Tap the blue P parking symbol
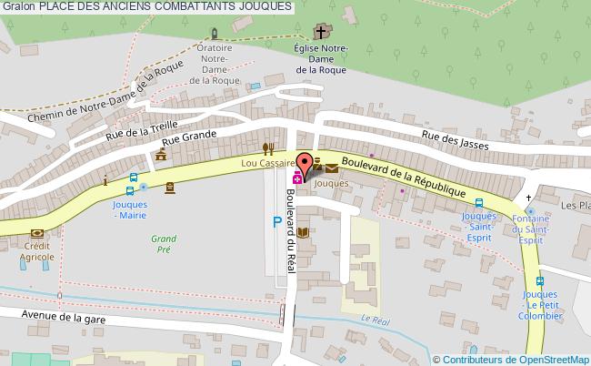(x=276, y=221)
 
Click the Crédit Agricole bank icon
(x=36, y=233)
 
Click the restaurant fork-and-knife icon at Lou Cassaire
(x=267, y=147)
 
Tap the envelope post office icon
(x=330, y=167)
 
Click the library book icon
(x=304, y=232)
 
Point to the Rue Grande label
(x=189, y=137)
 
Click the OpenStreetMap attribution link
(x=511, y=359)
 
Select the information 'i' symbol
(x=106, y=181)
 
